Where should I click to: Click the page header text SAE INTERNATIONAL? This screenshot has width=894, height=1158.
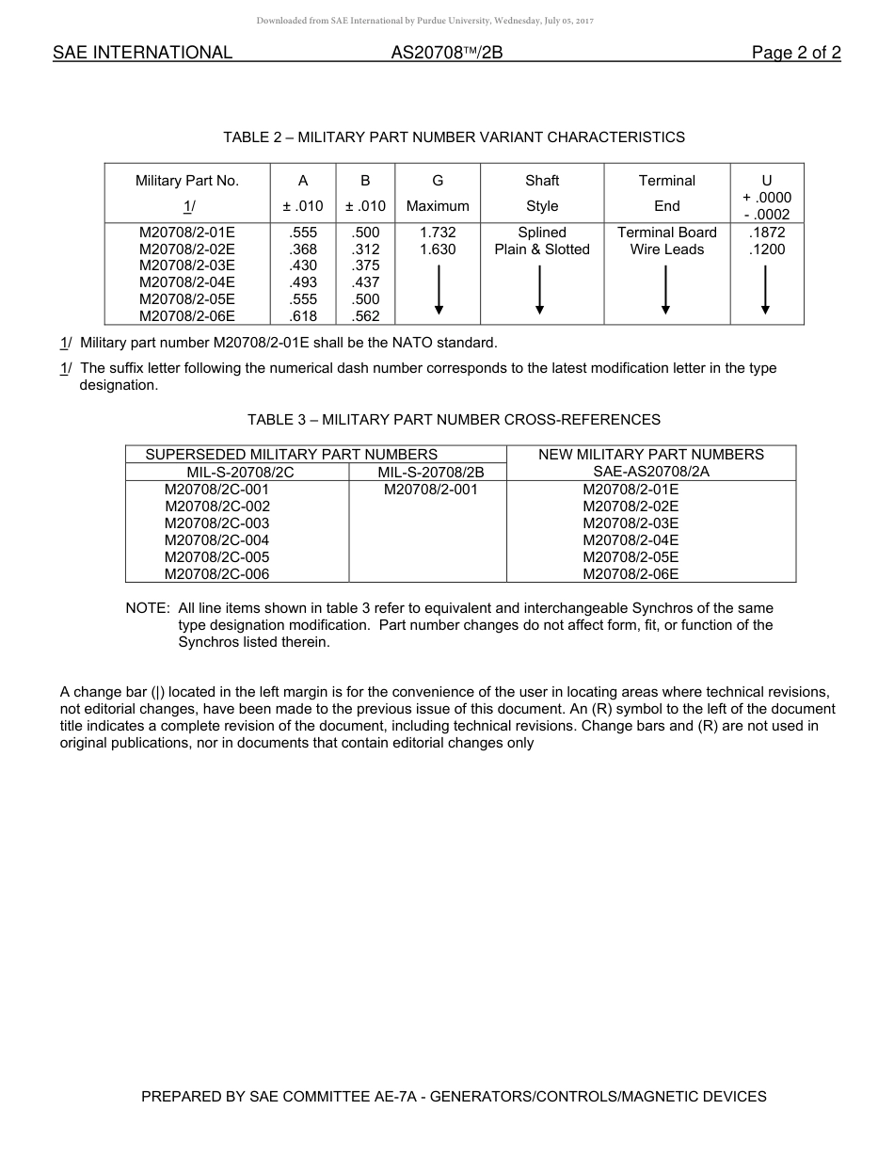pos(142,53)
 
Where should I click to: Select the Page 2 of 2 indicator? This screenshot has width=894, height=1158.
pos(795,53)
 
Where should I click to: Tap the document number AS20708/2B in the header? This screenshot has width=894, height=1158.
pos(447,53)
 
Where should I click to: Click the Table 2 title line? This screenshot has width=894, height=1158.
pos(454,137)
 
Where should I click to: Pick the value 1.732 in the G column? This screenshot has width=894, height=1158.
pos(438,233)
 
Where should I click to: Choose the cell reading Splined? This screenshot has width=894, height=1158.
pos(542,233)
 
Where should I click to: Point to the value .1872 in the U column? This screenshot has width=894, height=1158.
pos(767,233)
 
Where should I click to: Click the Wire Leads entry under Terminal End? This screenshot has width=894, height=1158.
pos(667,249)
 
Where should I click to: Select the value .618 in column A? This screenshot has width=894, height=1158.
pos(304,316)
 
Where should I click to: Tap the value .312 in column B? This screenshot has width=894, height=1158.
pos(365,249)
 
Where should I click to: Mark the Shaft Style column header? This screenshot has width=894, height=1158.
pos(542,193)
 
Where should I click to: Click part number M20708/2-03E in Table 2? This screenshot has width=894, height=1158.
pos(187,266)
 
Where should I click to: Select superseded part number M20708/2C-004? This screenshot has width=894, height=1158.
pos(216,540)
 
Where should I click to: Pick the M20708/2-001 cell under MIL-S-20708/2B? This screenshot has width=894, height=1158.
pos(430,490)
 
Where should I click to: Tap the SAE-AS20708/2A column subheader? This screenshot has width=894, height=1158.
pos(651,472)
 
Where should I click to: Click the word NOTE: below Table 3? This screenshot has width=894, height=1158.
pos(148,608)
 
